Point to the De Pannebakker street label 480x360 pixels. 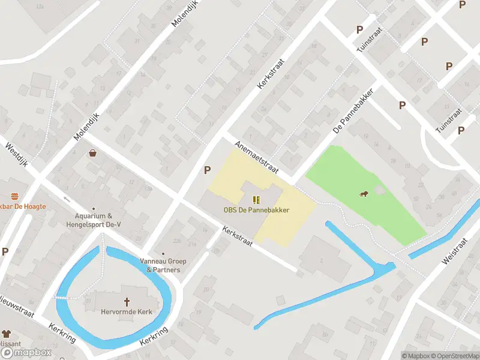pyautogui.click(x=353, y=112)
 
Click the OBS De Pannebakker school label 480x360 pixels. pyautogui.click(x=256, y=210)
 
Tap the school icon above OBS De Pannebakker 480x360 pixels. pyautogui.click(x=256, y=200)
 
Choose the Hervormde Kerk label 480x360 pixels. pyautogui.click(x=127, y=311)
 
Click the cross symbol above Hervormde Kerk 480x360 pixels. pyautogui.click(x=127, y=301)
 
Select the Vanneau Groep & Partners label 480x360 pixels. pyautogui.click(x=163, y=265)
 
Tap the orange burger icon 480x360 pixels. pyautogui.click(x=14, y=197)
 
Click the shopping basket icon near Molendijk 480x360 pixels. pyautogui.click(x=93, y=154)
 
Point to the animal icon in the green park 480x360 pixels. pyautogui.click(x=363, y=193)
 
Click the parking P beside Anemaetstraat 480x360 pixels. pyautogui.click(x=208, y=170)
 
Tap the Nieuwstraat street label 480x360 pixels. pyautogui.click(x=17, y=304)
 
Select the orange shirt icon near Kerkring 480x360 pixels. pyautogui.click(x=6, y=334)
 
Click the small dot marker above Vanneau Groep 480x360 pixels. pyautogui.click(x=163, y=254)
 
